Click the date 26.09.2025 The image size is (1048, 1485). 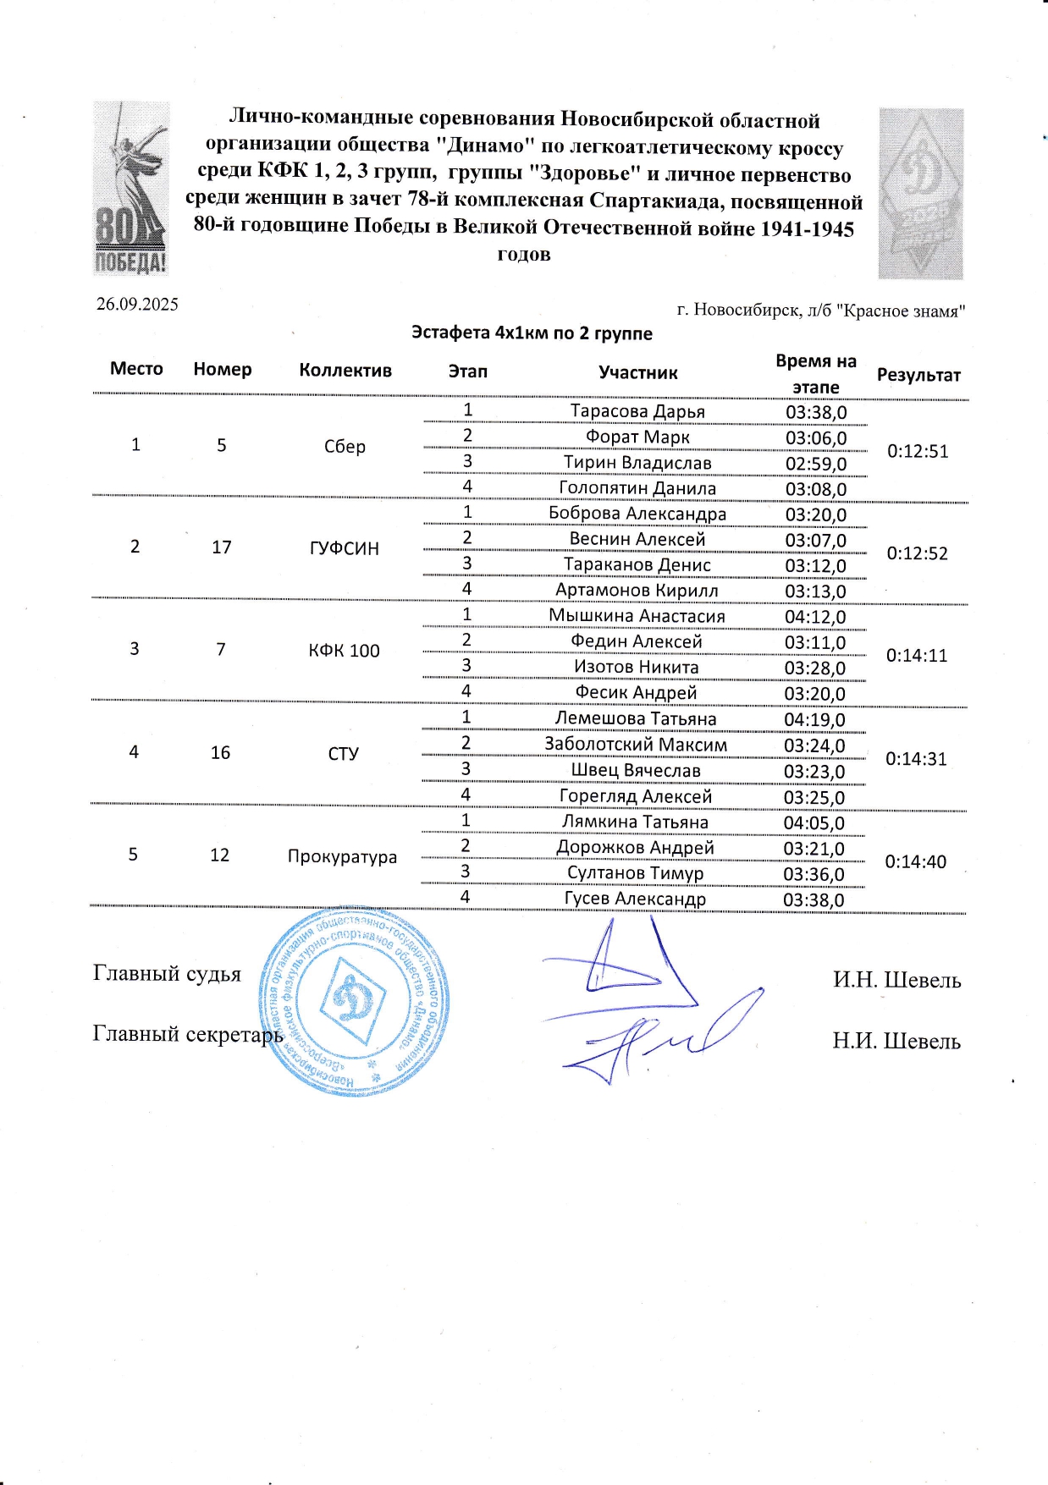[137, 305]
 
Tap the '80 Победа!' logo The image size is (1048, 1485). [130, 189]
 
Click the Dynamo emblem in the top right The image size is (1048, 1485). [921, 194]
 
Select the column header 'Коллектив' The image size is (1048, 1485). [345, 371]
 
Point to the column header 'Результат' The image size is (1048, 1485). [918, 375]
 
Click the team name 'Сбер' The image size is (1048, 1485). [345, 447]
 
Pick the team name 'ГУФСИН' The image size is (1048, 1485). [345, 548]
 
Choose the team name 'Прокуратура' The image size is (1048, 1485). [342, 856]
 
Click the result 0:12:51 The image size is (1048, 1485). [918, 451]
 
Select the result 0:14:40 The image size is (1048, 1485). [915, 861]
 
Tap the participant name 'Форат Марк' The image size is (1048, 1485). [637, 437]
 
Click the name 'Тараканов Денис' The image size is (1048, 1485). [637, 564]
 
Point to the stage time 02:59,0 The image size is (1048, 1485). [815, 464]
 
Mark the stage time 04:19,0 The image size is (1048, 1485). [814, 720]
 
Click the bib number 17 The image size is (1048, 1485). [222, 547]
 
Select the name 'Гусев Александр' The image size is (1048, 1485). [635, 899]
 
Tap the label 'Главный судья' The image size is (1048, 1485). [167, 974]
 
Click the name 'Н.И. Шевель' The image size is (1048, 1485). [896, 1041]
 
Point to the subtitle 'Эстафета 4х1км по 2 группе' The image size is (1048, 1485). [532, 333]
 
